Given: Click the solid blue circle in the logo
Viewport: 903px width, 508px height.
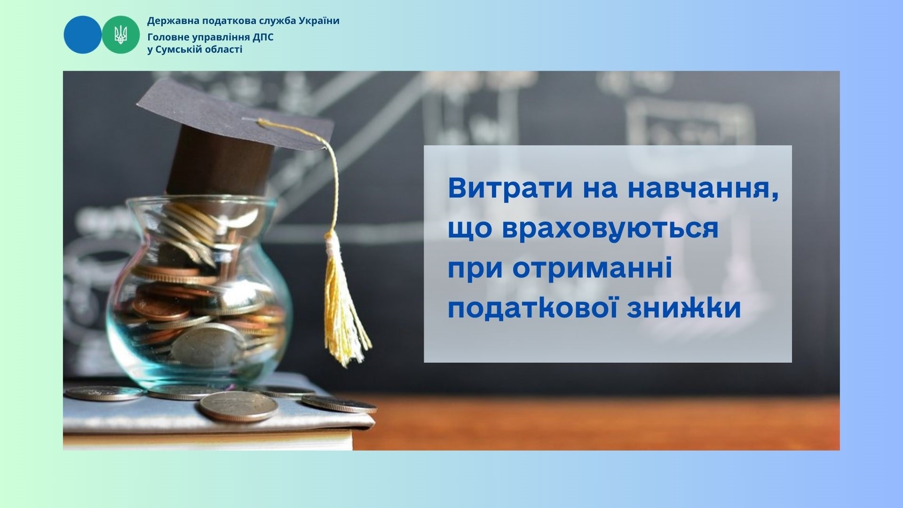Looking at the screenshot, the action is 83,35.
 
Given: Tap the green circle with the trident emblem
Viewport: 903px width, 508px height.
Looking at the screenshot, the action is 121,35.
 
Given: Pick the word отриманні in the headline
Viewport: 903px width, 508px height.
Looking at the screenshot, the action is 592,270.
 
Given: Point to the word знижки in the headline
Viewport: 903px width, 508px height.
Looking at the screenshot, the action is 684,309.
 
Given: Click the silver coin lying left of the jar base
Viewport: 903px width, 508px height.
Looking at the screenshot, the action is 104,393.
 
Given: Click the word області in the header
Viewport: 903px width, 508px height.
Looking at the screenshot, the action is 224,49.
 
